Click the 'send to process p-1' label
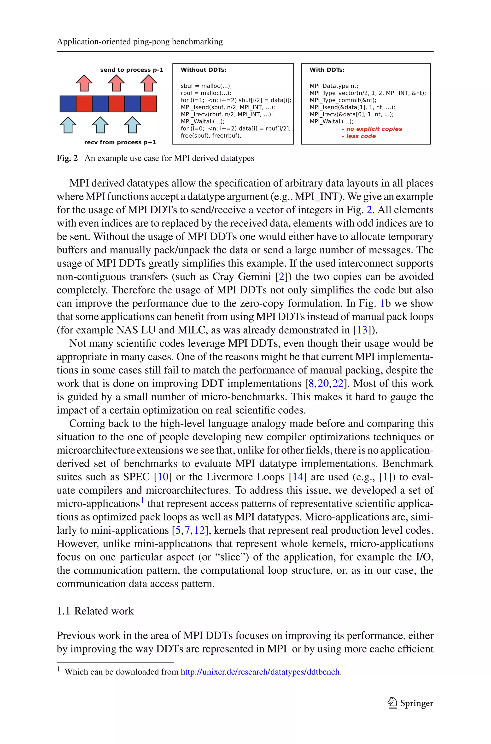click(x=132, y=70)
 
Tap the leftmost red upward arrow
click(x=84, y=83)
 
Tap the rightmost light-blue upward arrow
click(x=132, y=125)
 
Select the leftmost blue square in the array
click(x=68, y=104)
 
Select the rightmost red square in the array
click(x=149, y=104)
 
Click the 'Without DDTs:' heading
click(x=203, y=70)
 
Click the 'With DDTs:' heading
click(x=327, y=70)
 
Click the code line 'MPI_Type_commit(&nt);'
click(x=343, y=100)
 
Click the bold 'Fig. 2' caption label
click(x=67, y=158)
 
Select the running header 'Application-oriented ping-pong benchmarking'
click(x=140, y=42)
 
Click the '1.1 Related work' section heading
click(x=95, y=611)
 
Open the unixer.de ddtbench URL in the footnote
click(x=260, y=672)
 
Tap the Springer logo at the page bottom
click(x=410, y=703)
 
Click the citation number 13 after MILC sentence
click(x=362, y=330)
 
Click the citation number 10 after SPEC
click(x=163, y=477)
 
